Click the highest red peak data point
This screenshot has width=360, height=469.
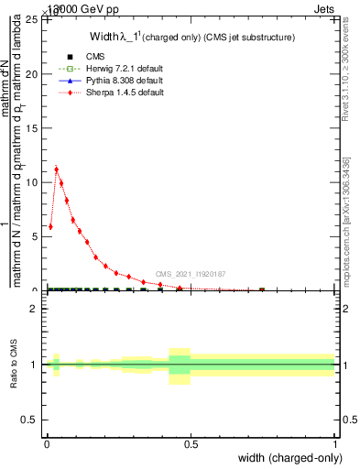[x=57, y=169]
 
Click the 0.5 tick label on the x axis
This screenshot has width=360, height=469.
[x=191, y=444]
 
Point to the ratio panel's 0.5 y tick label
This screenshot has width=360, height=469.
[x=34, y=420]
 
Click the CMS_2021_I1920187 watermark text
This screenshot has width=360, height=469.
[x=191, y=273]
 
